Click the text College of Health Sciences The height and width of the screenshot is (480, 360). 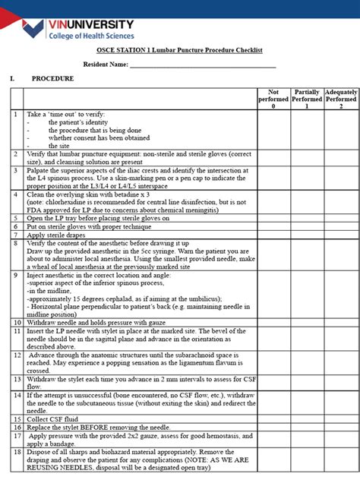coord(90,36)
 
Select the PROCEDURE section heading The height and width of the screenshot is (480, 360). coord(52,79)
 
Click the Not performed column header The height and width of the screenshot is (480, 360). coord(273,99)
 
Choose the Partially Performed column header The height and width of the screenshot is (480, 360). coord(307,99)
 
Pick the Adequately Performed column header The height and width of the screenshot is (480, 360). coord(341,99)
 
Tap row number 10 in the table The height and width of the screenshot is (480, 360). coord(16,323)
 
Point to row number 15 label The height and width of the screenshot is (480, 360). coord(16,418)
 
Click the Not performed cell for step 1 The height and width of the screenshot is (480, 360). coord(273,128)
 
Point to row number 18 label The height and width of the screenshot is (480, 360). coord(16,451)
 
